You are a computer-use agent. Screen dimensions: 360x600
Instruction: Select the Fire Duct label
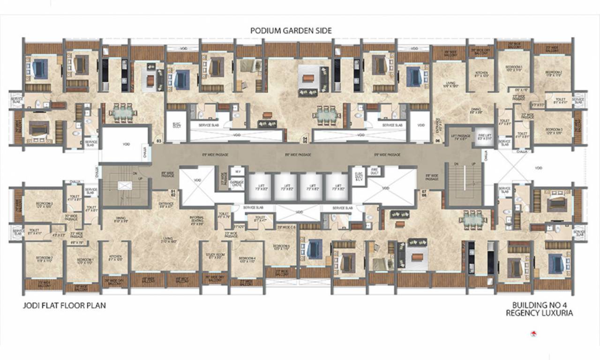pos(374,172)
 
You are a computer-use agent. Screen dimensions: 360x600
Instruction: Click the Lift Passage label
pos(459,137)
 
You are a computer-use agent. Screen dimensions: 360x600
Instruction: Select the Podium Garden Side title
pos(291,30)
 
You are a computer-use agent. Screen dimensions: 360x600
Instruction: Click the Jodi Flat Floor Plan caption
pos(64,305)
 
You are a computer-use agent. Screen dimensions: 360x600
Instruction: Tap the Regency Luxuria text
pos(539,313)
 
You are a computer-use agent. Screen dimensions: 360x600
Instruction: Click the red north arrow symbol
pos(533,334)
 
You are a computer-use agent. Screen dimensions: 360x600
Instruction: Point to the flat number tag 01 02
pos(172,193)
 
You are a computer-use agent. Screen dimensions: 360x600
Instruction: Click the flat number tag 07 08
pos(423,193)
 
